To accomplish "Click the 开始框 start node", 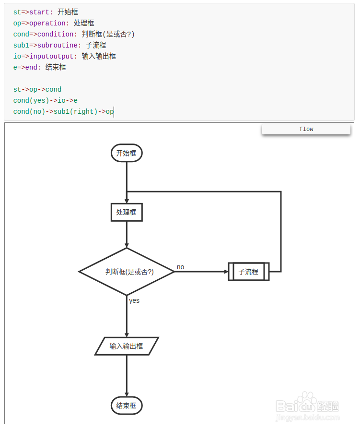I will coord(127,153).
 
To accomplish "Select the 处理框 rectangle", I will coord(127,212).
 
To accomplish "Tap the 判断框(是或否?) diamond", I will coord(127,272).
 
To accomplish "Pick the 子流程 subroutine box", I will coord(248,272).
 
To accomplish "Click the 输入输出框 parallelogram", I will coord(127,346).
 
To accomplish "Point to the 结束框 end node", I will coord(127,406).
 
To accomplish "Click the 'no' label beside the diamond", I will coord(180,267).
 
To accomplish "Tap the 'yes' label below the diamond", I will coord(134,300).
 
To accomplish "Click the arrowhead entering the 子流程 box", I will coord(226,272).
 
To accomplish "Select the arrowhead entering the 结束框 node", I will coord(127,394).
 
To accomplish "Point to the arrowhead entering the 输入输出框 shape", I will coord(127,335).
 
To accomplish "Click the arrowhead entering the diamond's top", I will coord(127,245).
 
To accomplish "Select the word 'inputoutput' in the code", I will coord(51,56).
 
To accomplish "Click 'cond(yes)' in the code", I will coord(31,100).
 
